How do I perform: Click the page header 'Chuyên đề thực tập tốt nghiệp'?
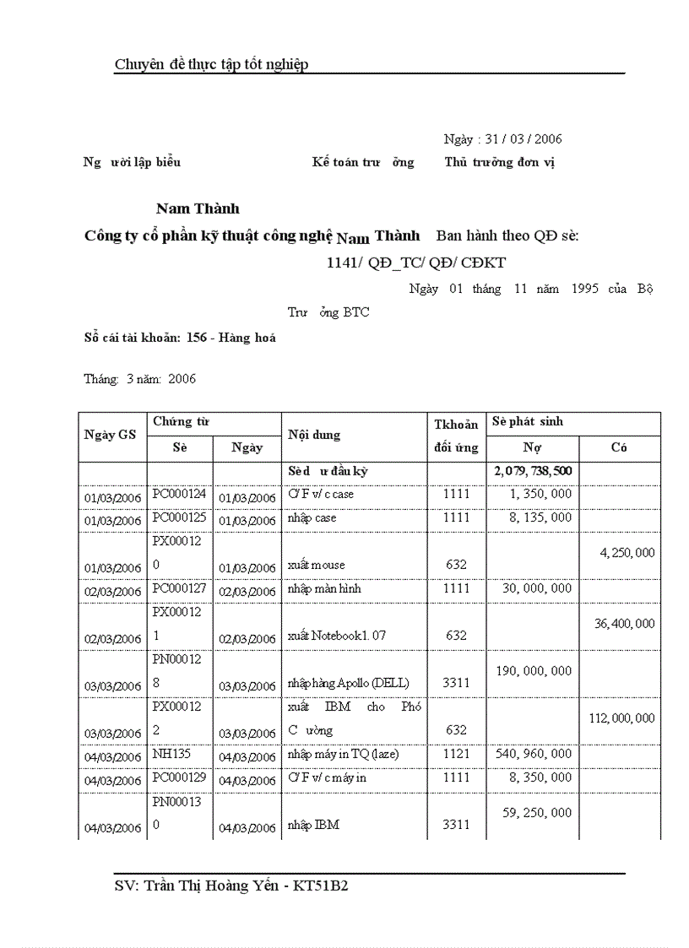(x=211, y=64)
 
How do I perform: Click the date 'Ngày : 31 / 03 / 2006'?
(x=502, y=139)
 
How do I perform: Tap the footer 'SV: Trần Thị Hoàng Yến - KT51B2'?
(x=241, y=886)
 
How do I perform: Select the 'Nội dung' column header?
(x=314, y=436)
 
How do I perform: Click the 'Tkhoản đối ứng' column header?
(x=456, y=436)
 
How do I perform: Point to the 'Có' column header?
(x=619, y=448)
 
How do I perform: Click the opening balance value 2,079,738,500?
(x=533, y=471)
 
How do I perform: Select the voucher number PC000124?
(x=179, y=494)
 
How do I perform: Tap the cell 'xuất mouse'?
(x=317, y=565)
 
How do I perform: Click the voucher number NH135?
(x=169, y=754)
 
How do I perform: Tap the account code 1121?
(x=456, y=754)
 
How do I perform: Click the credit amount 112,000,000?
(x=621, y=718)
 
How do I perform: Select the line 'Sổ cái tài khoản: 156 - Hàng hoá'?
(x=180, y=338)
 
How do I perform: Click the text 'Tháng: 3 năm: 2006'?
(x=139, y=379)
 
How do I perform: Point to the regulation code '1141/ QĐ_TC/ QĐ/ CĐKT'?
(x=416, y=263)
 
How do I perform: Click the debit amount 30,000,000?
(x=536, y=588)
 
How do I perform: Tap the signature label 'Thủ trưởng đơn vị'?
(x=499, y=162)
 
